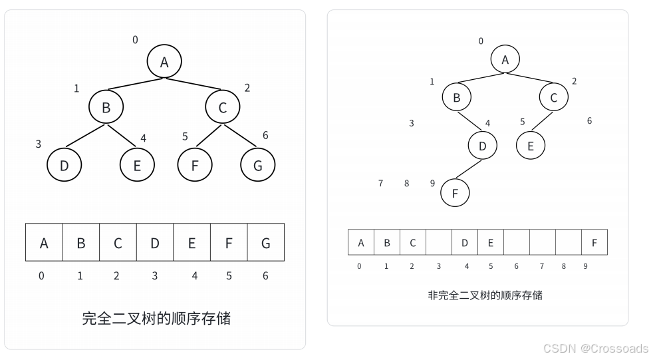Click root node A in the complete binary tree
click(x=164, y=62)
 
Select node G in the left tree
click(x=257, y=165)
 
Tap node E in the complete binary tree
click(x=137, y=165)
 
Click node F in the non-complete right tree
click(x=455, y=193)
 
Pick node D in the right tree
click(x=483, y=146)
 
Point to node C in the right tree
click(x=554, y=97)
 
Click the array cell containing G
click(x=265, y=242)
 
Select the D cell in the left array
click(x=155, y=242)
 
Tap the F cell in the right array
click(x=594, y=243)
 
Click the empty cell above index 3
click(x=438, y=243)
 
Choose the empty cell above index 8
click(x=568, y=243)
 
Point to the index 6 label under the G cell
click(x=265, y=275)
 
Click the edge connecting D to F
click(x=469, y=169)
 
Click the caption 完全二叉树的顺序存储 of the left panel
click(x=156, y=318)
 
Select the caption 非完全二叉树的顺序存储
click(x=485, y=295)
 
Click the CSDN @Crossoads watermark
click(x=596, y=349)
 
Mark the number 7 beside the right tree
click(x=380, y=183)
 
